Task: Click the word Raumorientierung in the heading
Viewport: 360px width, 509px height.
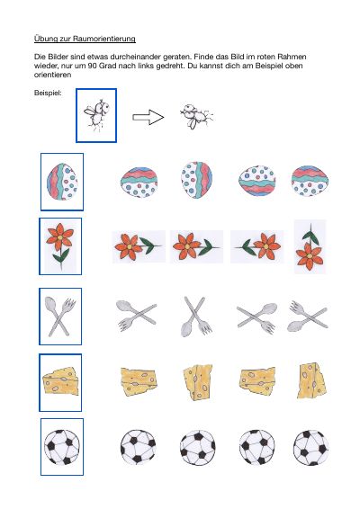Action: pyautogui.click(x=104, y=39)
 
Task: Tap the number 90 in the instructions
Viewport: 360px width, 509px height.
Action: pyautogui.click(x=93, y=66)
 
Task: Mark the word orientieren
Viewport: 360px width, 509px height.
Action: pyautogui.click(x=52, y=75)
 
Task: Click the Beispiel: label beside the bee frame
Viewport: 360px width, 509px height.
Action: pyautogui.click(x=48, y=93)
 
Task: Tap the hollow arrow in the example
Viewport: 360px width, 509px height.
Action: pyautogui.click(x=148, y=117)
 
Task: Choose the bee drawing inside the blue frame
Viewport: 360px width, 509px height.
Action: pyautogui.click(x=96, y=114)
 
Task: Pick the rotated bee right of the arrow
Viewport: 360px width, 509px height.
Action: pyautogui.click(x=196, y=117)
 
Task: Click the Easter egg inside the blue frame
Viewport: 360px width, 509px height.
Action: pyautogui.click(x=62, y=182)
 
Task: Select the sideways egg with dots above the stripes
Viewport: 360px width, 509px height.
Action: pyautogui.click(x=257, y=181)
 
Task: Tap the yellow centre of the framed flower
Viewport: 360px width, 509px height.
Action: pyautogui.click(x=60, y=238)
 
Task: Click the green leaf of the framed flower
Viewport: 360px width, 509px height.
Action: pyautogui.click(x=62, y=255)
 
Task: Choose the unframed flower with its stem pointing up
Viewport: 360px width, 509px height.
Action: pyautogui.click(x=310, y=247)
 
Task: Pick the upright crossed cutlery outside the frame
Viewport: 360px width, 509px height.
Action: pyautogui.click(x=196, y=317)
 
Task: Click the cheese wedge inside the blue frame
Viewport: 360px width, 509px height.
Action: pyautogui.click(x=60, y=380)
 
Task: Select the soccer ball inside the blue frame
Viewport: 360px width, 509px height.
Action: pyautogui.click(x=62, y=447)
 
